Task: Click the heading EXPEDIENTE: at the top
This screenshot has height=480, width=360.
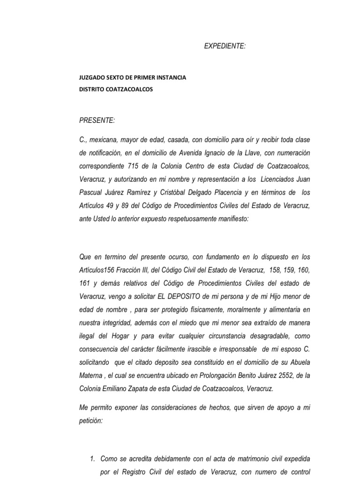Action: (225, 45)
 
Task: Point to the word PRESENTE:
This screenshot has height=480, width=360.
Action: (97, 120)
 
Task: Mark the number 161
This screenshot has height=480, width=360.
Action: (85, 284)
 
